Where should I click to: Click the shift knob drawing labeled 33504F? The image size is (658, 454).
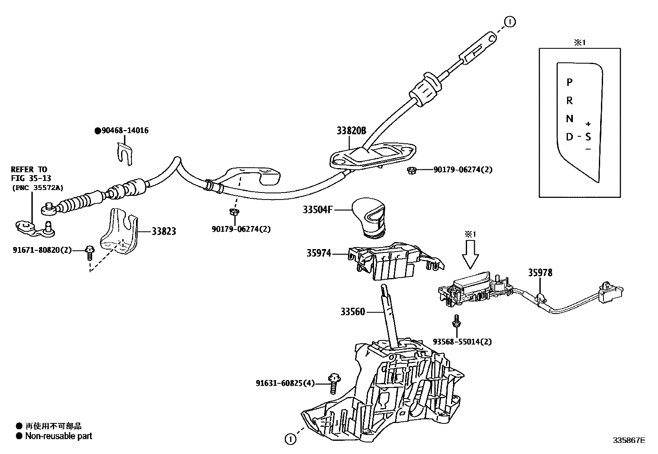click(369, 218)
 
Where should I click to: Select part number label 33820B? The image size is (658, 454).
click(351, 131)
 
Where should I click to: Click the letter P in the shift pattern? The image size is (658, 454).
click(569, 82)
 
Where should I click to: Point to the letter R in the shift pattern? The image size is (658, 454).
click(569, 100)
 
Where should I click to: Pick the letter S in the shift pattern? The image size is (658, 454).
click(588, 137)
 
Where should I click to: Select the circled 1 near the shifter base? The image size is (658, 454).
click(291, 439)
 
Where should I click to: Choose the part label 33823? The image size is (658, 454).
click(163, 231)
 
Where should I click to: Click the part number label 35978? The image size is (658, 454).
click(540, 273)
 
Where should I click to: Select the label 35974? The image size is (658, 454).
click(319, 253)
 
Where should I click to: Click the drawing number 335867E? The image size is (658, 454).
click(629, 440)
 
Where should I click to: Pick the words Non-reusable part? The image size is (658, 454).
click(59, 436)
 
